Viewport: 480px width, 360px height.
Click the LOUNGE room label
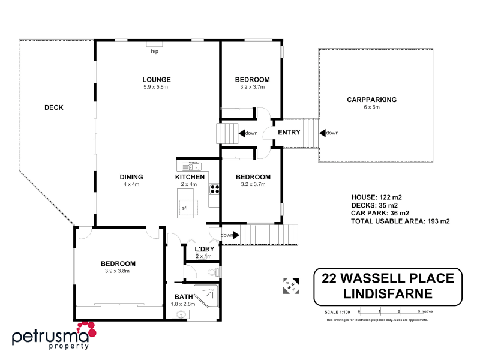tap(157, 79)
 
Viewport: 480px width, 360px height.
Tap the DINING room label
tap(131, 177)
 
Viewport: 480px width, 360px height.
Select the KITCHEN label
tap(190, 177)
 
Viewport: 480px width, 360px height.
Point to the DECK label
tap(54, 108)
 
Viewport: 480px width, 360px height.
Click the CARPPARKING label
tap(372, 100)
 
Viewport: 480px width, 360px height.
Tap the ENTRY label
tap(289, 133)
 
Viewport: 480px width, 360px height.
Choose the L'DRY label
tap(205, 249)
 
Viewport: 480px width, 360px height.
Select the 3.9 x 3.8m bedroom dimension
tap(118, 271)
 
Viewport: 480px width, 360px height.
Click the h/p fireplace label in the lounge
tap(154, 51)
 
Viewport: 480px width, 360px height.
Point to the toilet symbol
tap(211, 273)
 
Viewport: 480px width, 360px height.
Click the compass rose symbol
tap(290, 286)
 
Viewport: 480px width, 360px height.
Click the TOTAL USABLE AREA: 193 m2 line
tap(400, 221)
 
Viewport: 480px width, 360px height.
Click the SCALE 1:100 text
tap(336, 312)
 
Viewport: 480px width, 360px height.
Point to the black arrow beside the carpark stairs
tap(322, 133)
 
